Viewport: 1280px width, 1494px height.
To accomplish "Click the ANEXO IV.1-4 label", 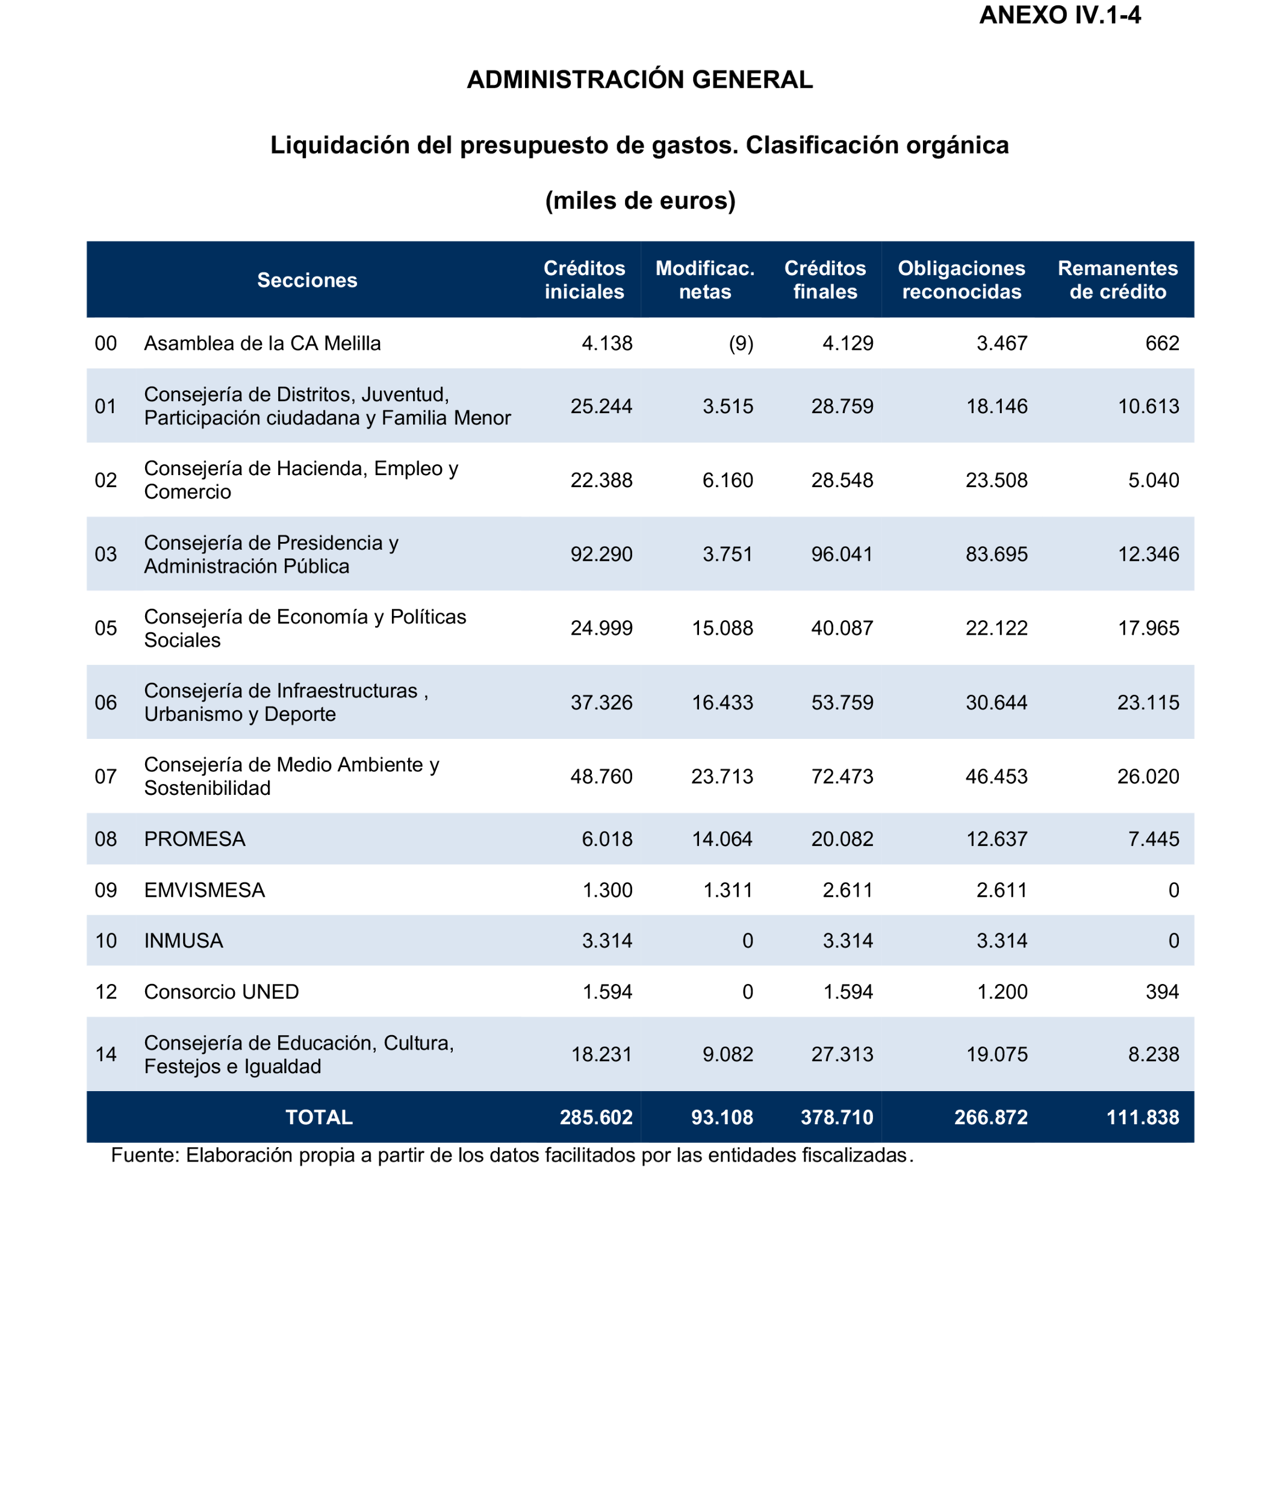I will (1060, 16).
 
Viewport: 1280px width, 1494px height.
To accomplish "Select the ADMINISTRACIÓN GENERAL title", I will (639, 79).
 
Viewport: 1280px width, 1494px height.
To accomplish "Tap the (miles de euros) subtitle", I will (639, 200).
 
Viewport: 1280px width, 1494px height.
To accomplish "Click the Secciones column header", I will (307, 280).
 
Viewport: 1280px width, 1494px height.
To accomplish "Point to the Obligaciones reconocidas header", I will (961, 280).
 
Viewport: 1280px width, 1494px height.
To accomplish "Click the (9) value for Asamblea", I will (741, 343).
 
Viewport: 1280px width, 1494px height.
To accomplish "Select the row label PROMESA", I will (194, 839).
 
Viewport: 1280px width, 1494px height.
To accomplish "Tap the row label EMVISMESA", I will (205, 890).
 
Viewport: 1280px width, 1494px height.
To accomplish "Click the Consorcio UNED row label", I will (222, 991).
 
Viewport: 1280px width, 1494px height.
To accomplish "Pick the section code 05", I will (106, 628).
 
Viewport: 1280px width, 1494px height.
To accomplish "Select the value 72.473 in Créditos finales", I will (842, 777).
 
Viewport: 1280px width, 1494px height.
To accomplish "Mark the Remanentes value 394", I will (1162, 991).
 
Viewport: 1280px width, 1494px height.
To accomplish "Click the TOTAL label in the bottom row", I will (318, 1117).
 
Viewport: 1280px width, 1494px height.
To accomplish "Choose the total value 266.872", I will (990, 1117).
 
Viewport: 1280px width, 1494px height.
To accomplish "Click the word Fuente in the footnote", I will (145, 1155).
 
